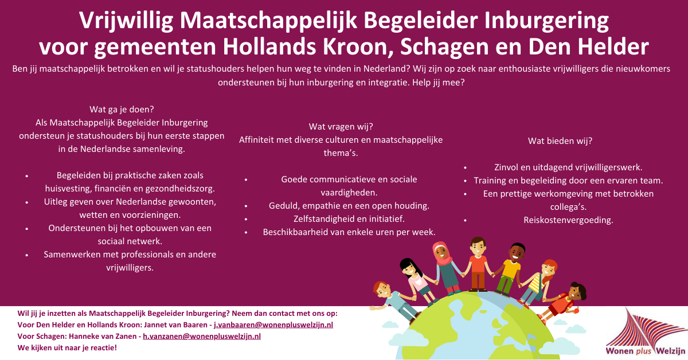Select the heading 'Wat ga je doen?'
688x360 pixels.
coord(122,109)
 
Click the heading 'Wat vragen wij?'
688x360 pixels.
coord(341,126)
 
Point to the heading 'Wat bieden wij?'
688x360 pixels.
coord(560,140)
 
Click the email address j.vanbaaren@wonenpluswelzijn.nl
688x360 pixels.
coord(273,324)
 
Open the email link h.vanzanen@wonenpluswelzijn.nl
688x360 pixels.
coord(202,336)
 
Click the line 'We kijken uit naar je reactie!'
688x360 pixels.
coord(67,347)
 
